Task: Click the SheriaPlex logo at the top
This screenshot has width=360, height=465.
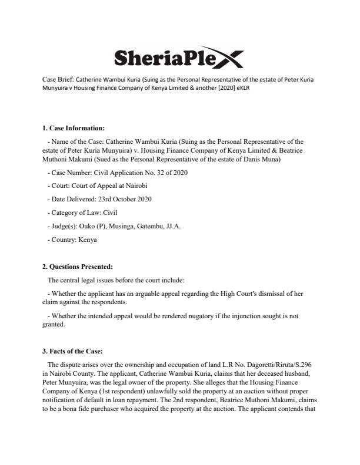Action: click(177, 58)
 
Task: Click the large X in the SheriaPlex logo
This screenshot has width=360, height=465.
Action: click(226, 58)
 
